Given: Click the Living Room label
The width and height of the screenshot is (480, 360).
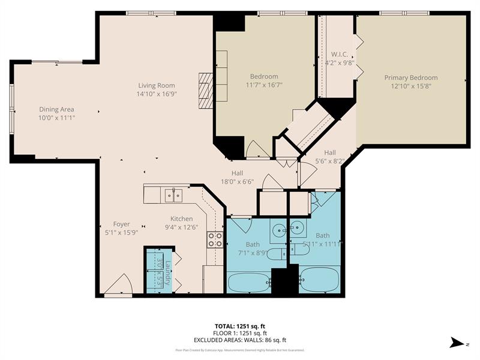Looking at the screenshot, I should [x=157, y=86].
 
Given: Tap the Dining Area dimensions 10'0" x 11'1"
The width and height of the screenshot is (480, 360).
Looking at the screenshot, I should [x=57, y=118].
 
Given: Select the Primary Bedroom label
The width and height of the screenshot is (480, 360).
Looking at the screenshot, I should [x=410, y=77].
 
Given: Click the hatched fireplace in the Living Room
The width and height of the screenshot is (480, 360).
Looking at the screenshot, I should [x=206, y=90].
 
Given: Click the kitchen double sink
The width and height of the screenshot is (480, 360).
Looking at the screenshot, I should [x=174, y=194].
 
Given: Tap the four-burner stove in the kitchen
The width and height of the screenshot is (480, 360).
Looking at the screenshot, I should [x=215, y=240].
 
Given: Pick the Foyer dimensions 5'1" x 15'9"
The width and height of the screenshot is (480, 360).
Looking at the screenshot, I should [x=122, y=232].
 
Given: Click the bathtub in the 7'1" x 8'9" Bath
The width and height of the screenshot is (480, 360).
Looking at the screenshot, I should [x=248, y=281].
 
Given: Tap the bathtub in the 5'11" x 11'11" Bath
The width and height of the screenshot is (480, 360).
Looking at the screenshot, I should [x=319, y=279].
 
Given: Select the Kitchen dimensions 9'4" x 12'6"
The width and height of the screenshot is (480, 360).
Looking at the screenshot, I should [x=182, y=227].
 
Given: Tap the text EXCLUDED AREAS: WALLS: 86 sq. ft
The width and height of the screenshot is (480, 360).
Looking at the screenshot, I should [x=240, y=340].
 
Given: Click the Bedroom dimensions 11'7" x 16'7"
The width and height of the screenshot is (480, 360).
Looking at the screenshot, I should [x=264, y=85].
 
